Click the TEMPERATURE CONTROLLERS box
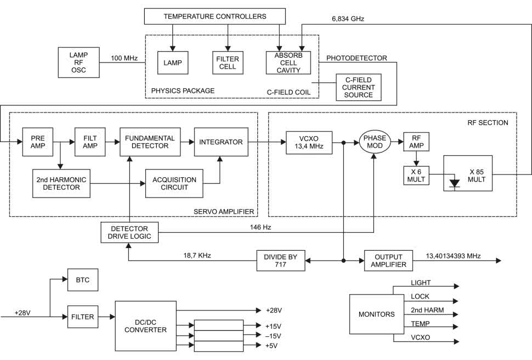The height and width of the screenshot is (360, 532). tap(215, 16)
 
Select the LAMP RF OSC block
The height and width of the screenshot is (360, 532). tap(79, 63)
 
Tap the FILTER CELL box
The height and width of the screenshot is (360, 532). tap(228, 63)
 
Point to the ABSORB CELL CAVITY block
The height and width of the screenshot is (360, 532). tap(288, 63)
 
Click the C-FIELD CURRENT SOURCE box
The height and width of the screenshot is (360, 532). tap(359, 87)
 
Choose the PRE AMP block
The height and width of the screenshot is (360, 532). tap(38, 142)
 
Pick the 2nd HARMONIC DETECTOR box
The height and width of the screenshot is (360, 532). tap(61, 183)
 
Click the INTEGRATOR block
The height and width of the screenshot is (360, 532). tap(221, 142)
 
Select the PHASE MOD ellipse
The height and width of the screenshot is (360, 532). tap(375, 142)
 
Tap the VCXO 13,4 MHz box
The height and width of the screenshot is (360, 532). tap(309, 143)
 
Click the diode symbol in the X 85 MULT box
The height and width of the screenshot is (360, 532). tap(455, 183)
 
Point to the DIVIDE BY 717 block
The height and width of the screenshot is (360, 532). tap(281, 261)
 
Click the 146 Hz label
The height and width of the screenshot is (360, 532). tap(261, 227)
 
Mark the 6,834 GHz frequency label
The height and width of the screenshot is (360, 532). tap(348, 19)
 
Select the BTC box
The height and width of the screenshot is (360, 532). tap(83, 280)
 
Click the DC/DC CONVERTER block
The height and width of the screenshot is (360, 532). tap(145, 326)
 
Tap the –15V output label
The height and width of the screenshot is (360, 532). tap(273, 336)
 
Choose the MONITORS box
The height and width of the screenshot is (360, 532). tap(377, 314)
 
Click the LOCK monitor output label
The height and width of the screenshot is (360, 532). tap(420, 296)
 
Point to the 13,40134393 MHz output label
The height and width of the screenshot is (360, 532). tap(453, 256)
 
